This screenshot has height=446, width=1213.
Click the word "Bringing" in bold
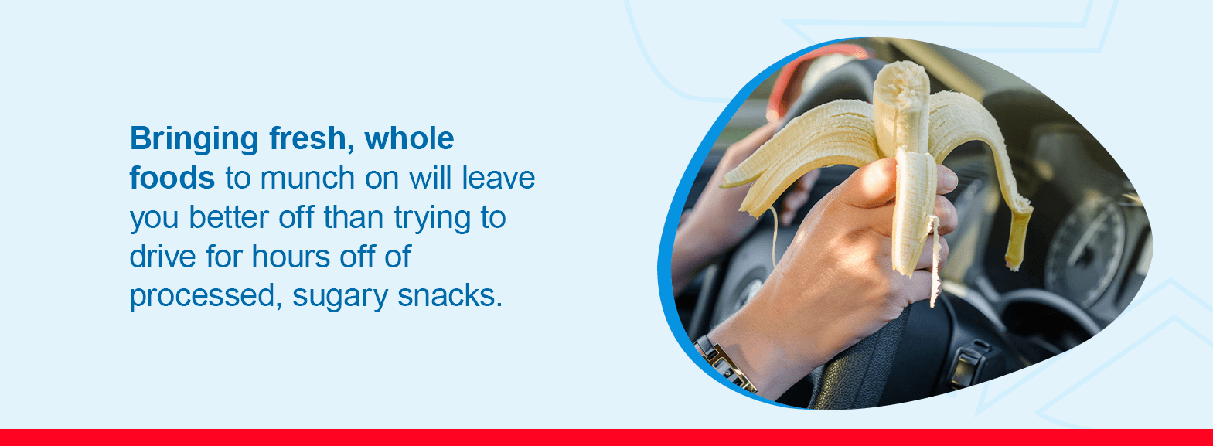click(194, 140)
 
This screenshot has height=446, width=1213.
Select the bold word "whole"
click(409, 138)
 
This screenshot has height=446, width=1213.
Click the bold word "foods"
click(172, 178)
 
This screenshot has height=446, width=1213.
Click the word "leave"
click(498, 178)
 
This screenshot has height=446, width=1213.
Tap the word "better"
click(229, 217)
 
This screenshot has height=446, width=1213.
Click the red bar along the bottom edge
click(606, 437)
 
